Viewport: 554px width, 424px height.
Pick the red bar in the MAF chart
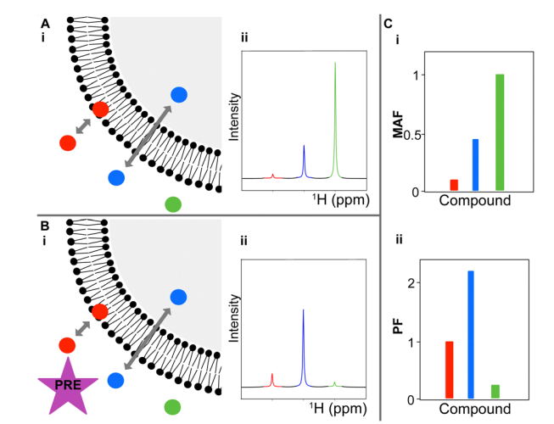pos(454,185)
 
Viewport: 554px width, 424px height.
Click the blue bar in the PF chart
pos(470,334)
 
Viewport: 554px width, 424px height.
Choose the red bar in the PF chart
pos(450,370)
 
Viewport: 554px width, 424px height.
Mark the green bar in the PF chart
pos(495,391)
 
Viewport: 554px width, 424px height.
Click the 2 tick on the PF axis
pos(414,283)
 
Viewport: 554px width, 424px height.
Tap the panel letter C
pos(388,24)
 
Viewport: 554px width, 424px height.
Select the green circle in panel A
pos(173,204)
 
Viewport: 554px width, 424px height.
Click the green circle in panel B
pos(173,406)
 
